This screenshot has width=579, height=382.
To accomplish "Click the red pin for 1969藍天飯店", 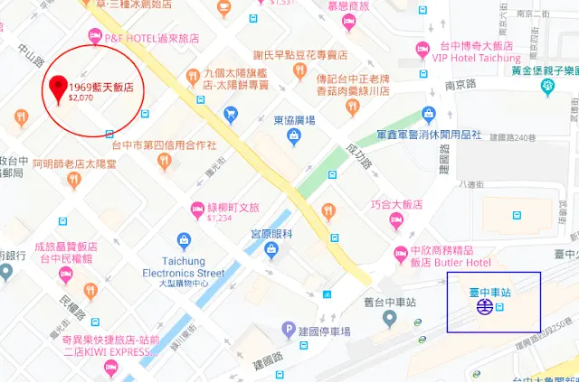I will pos(59,86).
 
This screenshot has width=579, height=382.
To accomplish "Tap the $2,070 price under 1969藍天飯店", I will pos(83,98).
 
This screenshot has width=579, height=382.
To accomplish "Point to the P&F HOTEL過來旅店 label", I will pos(151,37).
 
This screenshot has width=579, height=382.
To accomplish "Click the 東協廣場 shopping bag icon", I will pos(293,136).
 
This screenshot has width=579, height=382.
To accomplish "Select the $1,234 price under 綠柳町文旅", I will pos(220,218).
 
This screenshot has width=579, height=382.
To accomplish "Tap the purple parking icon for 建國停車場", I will pos(289,328).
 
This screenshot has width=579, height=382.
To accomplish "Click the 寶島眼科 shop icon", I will pos(269,249).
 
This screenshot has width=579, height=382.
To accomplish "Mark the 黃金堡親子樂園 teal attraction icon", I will pos(547,87).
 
